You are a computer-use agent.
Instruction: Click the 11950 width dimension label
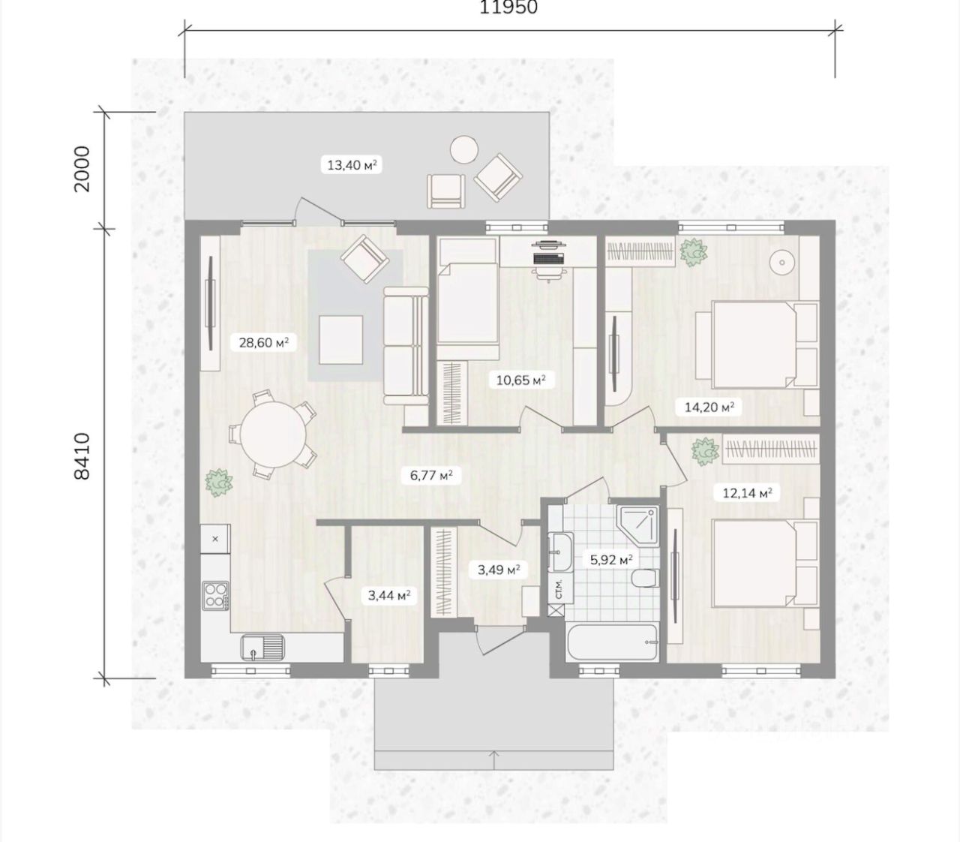(508, 7)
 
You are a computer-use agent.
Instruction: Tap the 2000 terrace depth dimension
(82, 168)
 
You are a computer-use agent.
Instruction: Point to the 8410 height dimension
(82, 456)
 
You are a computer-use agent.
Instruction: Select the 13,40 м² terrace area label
(352, 165)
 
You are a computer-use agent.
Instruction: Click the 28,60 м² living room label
(263, 342)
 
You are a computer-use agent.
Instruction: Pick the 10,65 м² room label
(520, 380)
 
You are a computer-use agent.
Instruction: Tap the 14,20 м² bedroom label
(709, 407)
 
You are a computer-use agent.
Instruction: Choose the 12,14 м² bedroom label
(747, 493)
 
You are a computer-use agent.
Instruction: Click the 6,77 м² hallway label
(431, 475)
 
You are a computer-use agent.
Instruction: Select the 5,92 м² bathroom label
(611, 560)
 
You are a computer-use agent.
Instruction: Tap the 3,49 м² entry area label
(499, 570)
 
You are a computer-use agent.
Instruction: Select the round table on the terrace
(463, 149)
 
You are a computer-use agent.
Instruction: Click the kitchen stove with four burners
(215, 595)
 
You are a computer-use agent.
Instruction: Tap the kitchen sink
(262, 648)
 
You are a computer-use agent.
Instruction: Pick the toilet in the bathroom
(644, 579)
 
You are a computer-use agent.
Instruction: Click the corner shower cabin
(637, 526)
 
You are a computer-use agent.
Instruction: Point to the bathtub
(613, 642)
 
